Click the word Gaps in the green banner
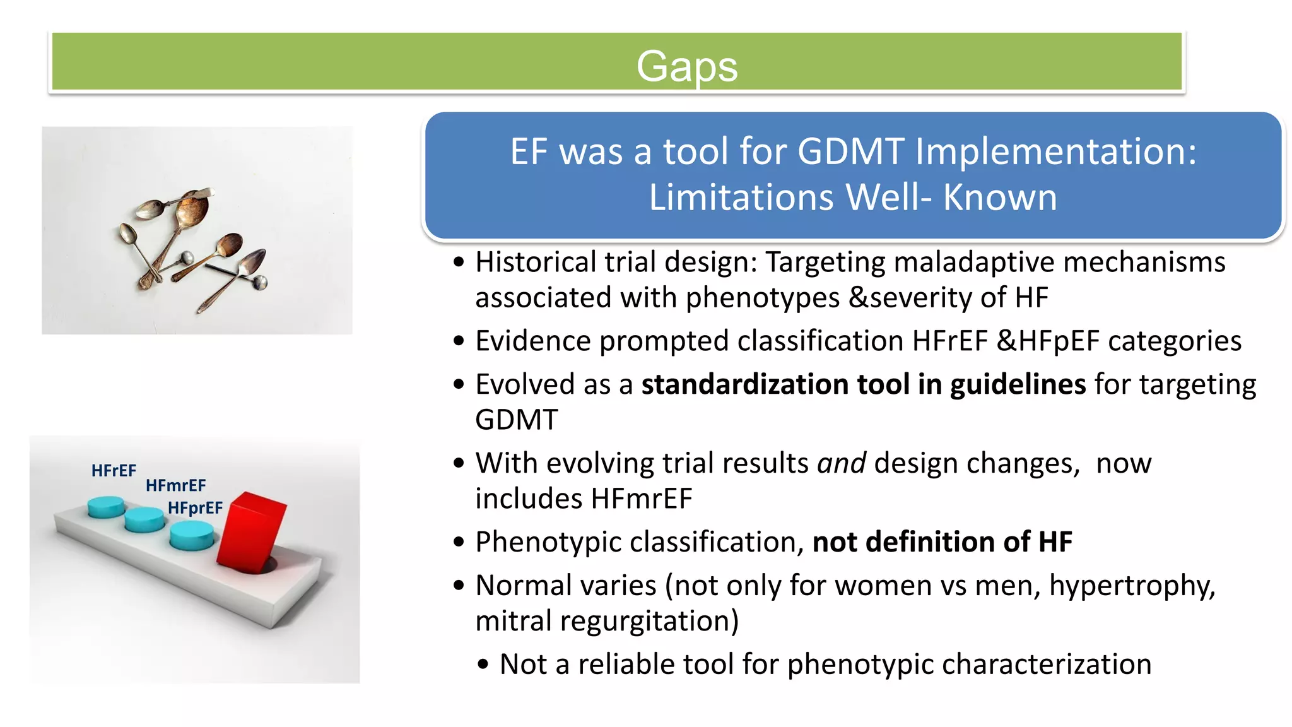686,66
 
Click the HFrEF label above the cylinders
114,471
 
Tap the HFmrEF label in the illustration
175,485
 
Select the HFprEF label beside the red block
195,508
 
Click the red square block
251,531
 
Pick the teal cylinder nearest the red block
192,536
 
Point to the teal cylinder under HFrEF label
106,507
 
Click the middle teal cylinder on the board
144,520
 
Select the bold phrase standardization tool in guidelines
863,384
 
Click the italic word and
841,463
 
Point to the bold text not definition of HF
942,542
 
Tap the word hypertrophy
1132,586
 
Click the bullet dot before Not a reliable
483,665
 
